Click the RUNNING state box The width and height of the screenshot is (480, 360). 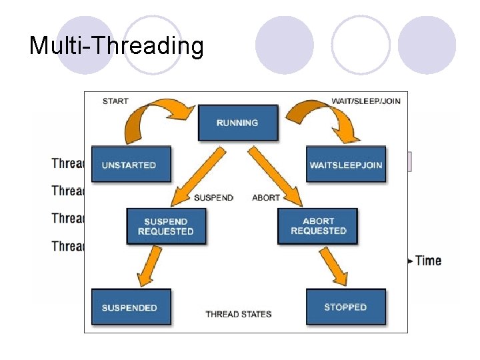[237, 123]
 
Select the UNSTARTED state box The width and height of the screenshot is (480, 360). [129, 165]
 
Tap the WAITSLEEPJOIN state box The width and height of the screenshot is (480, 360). [346, 165]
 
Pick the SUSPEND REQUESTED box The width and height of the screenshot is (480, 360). [165, 227]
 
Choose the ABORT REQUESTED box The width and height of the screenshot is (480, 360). [318, 226]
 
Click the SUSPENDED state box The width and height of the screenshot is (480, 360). [129, 307]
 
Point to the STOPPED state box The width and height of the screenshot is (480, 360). [345, 307]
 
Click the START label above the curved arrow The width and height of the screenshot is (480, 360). [115, 101]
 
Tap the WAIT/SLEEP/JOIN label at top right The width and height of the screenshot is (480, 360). [365, 101]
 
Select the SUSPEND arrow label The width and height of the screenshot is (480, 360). [213, 198]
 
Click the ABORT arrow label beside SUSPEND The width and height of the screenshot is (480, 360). [266, 198]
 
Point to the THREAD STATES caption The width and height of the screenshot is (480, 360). [238, 314]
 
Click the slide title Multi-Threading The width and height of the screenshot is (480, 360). [116, 46]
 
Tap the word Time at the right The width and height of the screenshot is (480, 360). [428, 260]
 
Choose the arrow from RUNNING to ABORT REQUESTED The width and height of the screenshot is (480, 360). [277, 174]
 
